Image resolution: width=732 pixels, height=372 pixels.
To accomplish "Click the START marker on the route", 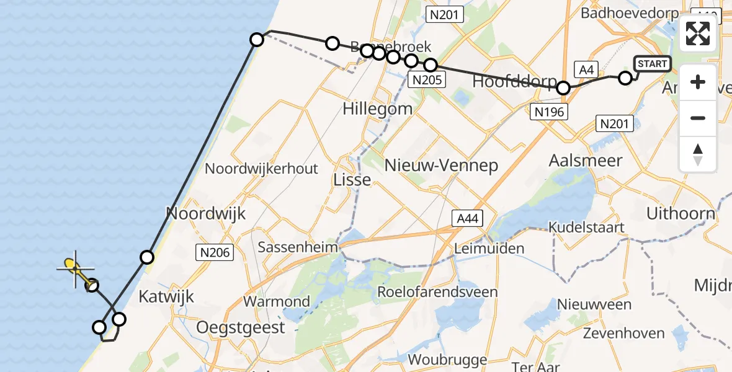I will click(x=653, y=63).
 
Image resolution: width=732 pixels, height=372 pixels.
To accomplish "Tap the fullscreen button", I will click(x=698, y=33).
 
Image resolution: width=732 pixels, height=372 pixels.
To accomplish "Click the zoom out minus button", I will click(x=698, y=118).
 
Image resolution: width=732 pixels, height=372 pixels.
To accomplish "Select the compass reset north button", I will click(x=698, y=154).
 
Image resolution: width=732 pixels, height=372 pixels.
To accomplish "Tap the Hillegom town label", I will click(x=377, y=108).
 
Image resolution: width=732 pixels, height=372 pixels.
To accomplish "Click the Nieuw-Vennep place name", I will click(x=441, y=165).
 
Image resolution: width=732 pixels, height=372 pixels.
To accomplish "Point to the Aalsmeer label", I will click(x=586, y=160).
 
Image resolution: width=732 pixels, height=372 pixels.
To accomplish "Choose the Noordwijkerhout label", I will click(x=261, y=169).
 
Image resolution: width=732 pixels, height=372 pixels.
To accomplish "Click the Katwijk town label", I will click(x=166, y=296).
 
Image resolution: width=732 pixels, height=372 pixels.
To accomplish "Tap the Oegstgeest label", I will click(x=241, y=327).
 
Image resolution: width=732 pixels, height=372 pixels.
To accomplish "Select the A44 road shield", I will click(x=466, y=218).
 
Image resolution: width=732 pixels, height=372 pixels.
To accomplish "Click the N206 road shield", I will click(x=216, y=252).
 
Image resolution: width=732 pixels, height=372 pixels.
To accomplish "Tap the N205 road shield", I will click(x=426, y=79).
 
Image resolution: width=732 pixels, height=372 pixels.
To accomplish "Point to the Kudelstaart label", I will click(x=586, y=228).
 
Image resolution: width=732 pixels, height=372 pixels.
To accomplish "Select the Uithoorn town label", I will click(x=681, y=214).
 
